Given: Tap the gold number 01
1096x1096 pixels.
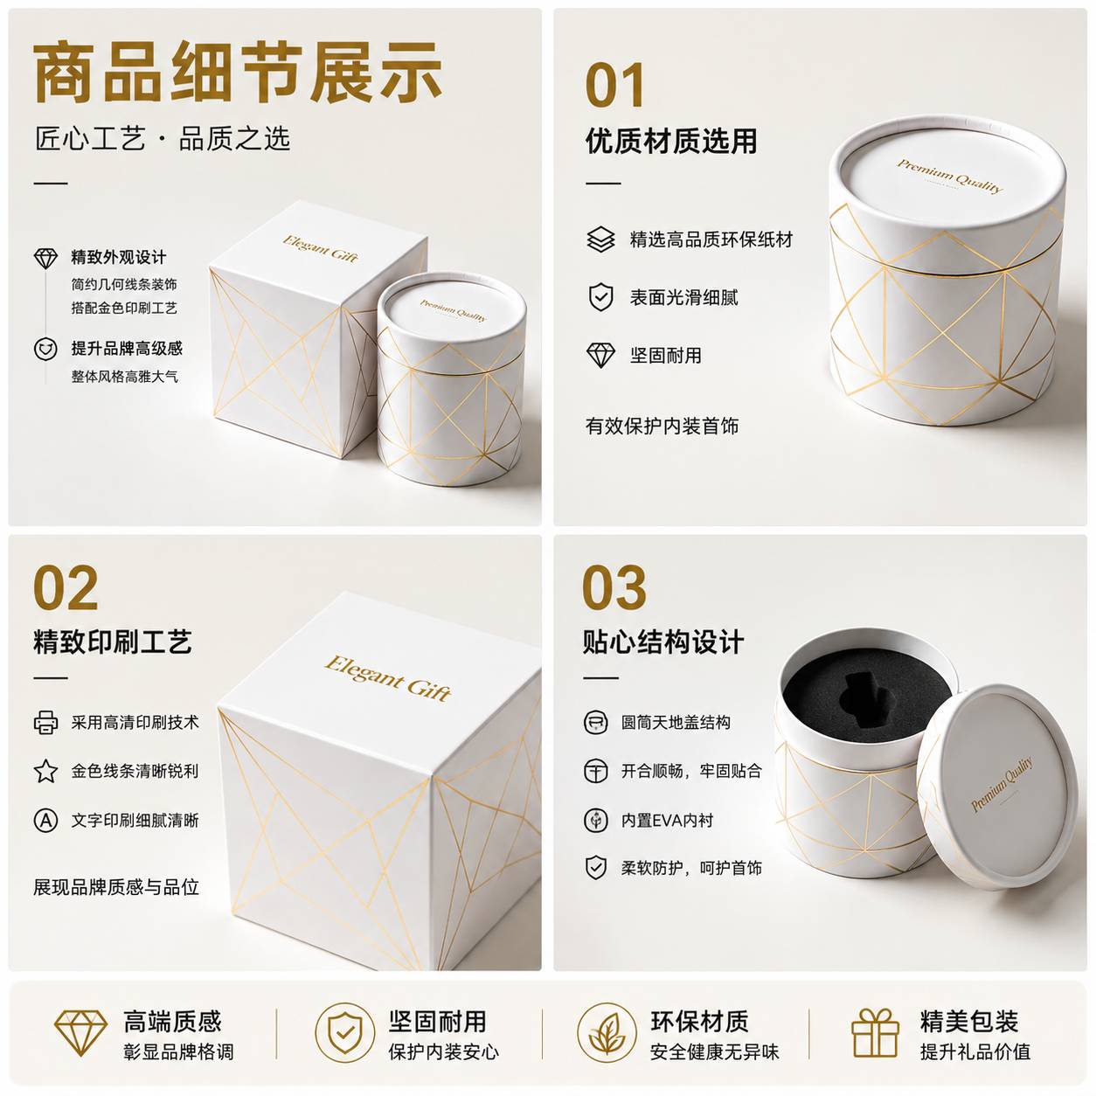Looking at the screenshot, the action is (x=614, y=85).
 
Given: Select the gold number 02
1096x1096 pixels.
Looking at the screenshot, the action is (x=66, y=588).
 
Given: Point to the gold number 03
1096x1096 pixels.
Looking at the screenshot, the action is (x=614, y=588).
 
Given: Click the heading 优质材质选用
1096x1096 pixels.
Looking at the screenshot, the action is (x=671, y=141).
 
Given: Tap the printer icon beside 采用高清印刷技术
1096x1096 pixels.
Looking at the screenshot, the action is (x=45, y=722).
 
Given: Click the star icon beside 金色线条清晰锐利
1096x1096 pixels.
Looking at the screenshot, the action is (x=45, y=771).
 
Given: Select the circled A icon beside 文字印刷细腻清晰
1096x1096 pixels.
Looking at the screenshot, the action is (x=45, y=821).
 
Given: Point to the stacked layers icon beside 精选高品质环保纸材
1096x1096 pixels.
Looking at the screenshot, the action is (x=600, y=239).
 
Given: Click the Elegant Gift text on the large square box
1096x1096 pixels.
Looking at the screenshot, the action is (x=388, y=678).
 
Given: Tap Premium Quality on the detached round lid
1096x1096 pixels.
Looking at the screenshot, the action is (x=1002, y=785).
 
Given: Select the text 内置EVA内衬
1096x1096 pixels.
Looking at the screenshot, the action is (x=667, y=821).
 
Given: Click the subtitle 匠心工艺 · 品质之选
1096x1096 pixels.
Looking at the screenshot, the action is (x=163, y=139).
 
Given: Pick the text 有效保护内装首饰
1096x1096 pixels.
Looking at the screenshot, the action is (x=662, y=426).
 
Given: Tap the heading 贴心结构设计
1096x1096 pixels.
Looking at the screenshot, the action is (x=663, y=642).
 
